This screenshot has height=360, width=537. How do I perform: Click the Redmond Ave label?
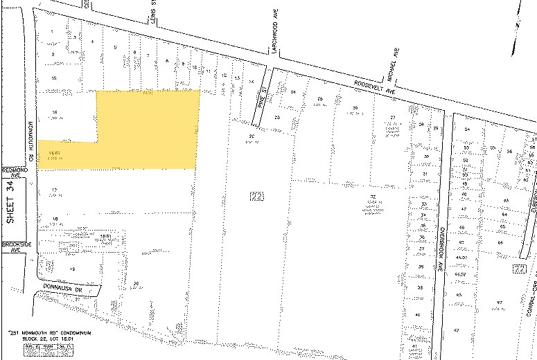tap(12, 172)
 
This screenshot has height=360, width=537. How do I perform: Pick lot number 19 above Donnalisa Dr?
tap(71, 268)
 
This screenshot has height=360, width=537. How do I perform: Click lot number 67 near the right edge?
tap(499, 303)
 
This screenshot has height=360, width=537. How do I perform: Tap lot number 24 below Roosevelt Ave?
tap(293, 92)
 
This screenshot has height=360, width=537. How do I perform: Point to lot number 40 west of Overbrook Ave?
tap(417, 315)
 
